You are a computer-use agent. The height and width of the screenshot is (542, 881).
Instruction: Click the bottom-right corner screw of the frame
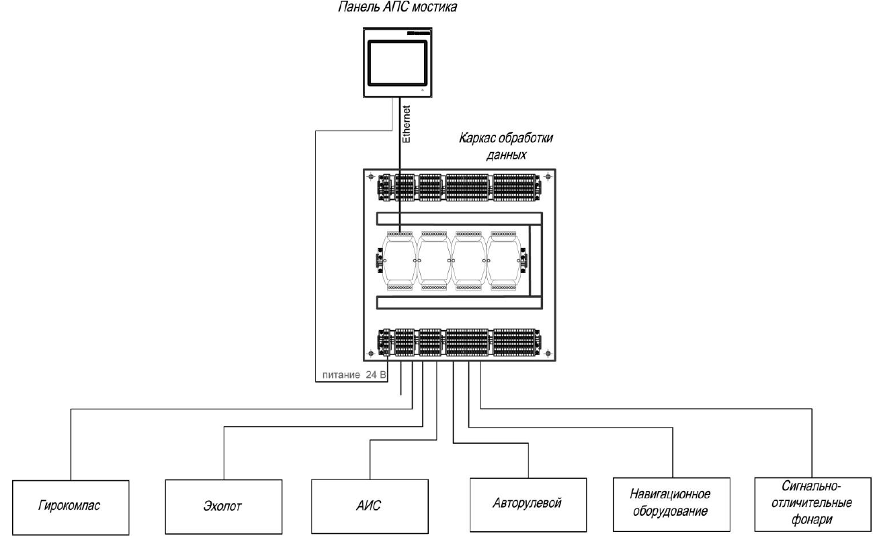[x=548, y=352]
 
